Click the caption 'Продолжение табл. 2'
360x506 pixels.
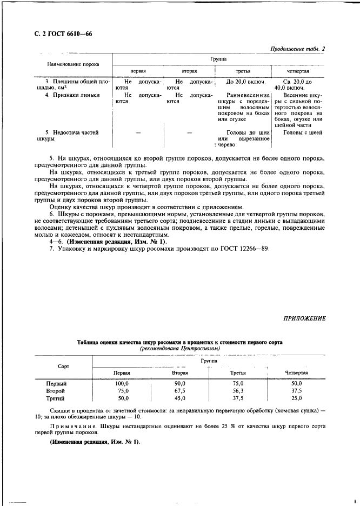(x=298, y=49)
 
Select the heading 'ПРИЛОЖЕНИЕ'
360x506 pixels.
(x=304, y=318)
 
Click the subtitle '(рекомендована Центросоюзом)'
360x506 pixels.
(x=179, y=349)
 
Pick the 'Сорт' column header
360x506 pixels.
(x=63, y=366)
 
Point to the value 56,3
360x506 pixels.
(x=238, y=390)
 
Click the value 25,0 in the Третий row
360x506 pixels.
(x=296, y=398)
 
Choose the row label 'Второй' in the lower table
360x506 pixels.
(x=56, y=390)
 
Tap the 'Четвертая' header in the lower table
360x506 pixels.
(x=296, y=373)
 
